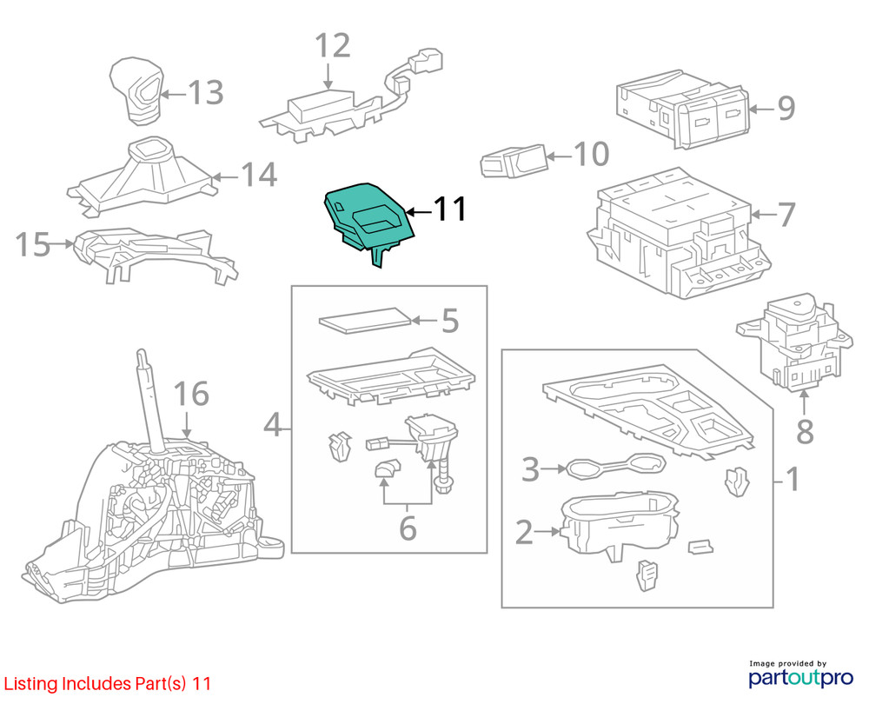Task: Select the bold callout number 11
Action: tap(450, 209)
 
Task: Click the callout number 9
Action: tap(786, 109)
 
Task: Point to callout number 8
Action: tap(805, 430)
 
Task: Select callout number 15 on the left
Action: tap(33, 245)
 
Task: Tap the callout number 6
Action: tap(408, 527)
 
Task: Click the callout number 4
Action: tap(273, 425)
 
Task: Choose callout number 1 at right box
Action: tap(792, 478)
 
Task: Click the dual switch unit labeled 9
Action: tap(682, 110)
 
